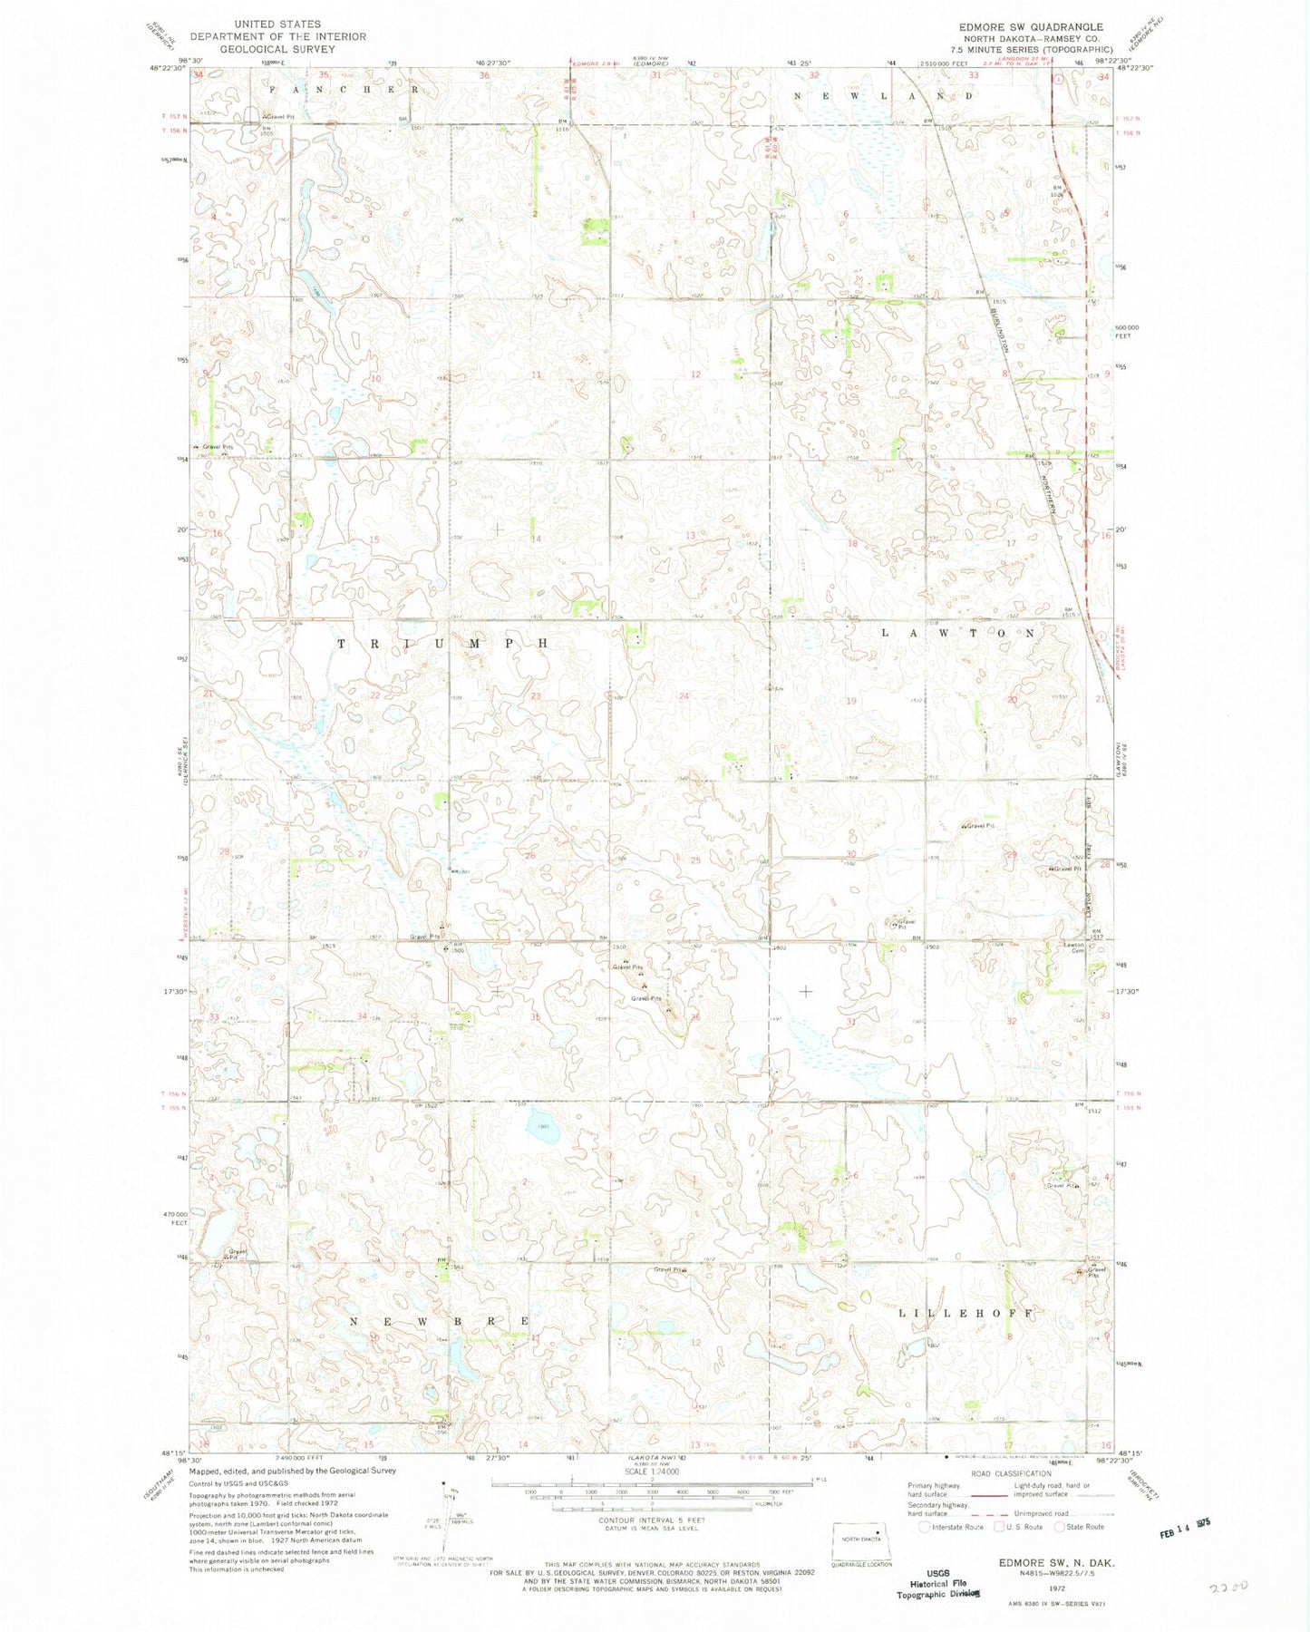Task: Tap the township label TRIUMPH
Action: [x=444, y=643]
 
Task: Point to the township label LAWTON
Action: [x=958, y=633]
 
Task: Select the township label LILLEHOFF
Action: [x=966, y=1313]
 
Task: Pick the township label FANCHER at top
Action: [x=343, y=91]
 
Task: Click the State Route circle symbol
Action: [x=1060, y=1528]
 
